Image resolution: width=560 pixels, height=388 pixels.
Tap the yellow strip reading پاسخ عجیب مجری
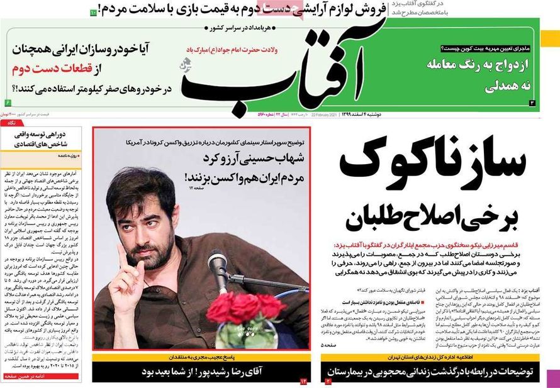[x=200, y=358]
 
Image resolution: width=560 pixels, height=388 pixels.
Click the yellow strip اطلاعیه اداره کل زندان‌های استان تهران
[x=429, y=358]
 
